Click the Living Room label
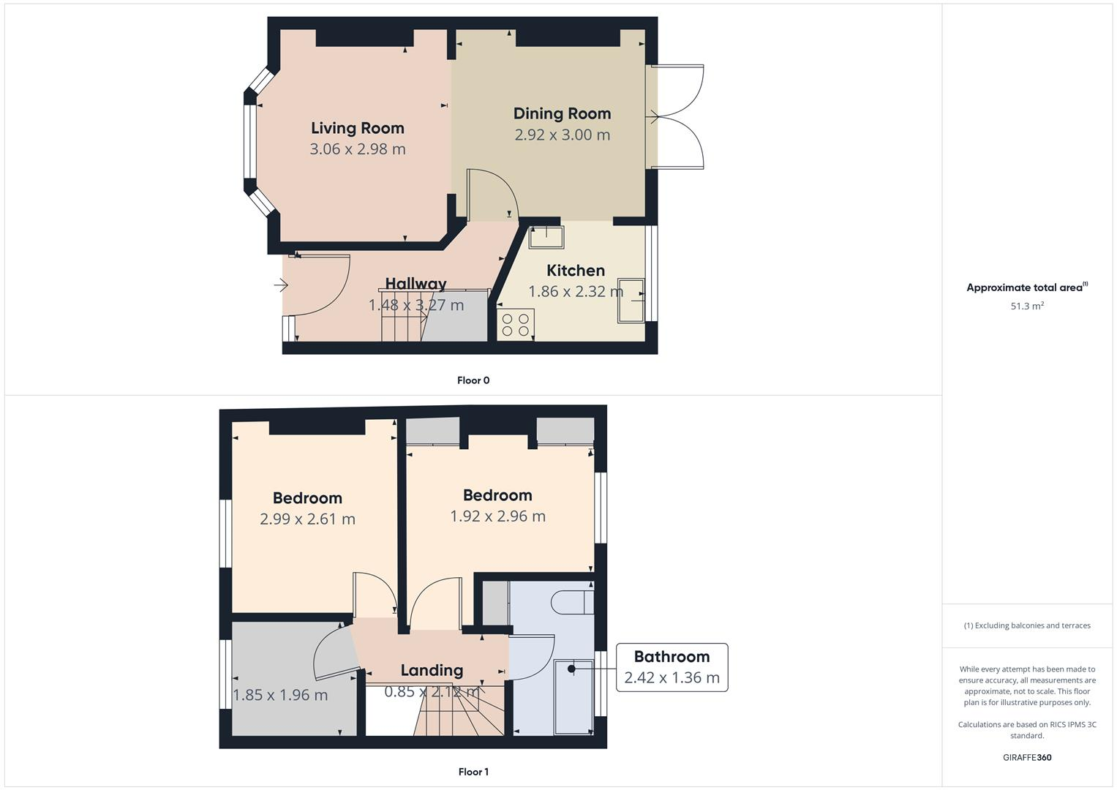click(357, 128)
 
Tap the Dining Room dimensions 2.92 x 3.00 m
click(562, 135)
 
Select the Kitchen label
click(575, 271)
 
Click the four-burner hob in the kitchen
click(515, 325)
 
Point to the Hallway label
click(415, 284)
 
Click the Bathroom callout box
click(672, 667)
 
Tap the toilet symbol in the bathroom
click(571, 603)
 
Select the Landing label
click(432, 670)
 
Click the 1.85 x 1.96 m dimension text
click(280, 695)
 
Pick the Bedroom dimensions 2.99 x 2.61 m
click(307, 519)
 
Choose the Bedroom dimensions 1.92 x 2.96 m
click(497, 516)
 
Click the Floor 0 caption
click(473, 380)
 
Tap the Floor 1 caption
click(473, 772)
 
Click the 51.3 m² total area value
click(1027, 306)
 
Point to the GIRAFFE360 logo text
click(1027, 757)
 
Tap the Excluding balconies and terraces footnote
click(1027, 625)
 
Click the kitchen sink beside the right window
click(631, 300)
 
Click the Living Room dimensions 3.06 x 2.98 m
click(357, 149)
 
